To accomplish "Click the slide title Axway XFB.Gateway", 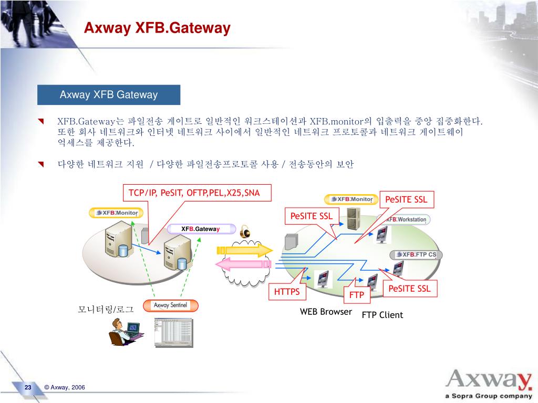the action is point(158,27).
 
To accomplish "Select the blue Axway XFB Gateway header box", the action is point(109,95).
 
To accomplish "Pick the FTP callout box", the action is point(357,295).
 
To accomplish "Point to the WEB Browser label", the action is point(326,312).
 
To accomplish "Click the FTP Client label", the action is point(382,315).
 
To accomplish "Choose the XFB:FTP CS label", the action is point(417,254).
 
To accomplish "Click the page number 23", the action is point(28,387).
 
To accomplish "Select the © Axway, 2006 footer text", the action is point(65,387).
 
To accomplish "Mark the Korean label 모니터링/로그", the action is point(106,310).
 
